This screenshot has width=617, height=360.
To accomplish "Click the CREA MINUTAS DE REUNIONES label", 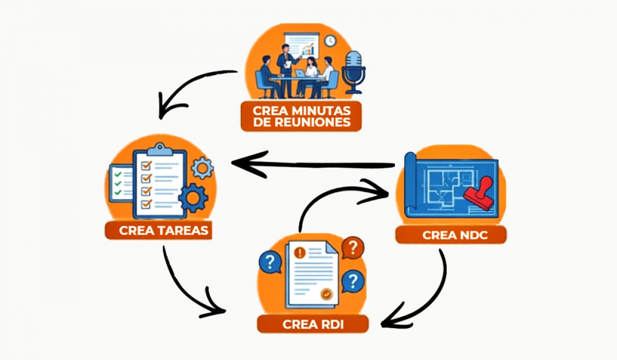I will (301, 116).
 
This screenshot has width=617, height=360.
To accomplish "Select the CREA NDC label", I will (450, 235).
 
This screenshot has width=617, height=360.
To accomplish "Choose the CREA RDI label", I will (313, 325).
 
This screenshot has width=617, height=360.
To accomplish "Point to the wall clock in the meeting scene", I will (330, 40).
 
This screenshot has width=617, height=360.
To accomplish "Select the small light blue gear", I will (202, 168).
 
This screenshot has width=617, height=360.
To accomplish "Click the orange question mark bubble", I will (352, 248).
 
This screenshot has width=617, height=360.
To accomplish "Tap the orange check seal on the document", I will (326, 294).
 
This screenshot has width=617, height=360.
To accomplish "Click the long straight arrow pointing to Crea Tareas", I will (314, 165).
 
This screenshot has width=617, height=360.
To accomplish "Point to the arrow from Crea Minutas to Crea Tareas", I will (190, 87).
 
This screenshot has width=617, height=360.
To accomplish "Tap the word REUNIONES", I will (301, 122).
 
